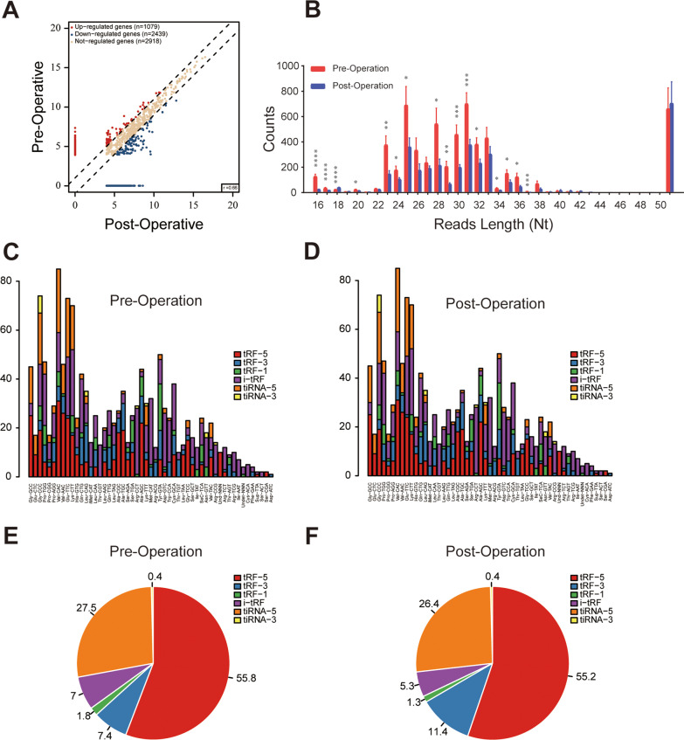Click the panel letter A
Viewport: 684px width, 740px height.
coord(12,10)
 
